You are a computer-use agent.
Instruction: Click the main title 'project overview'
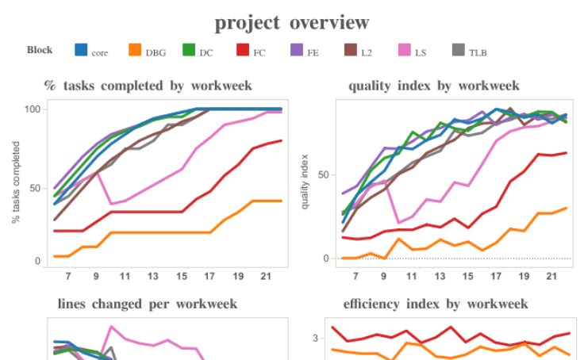click(292, 22)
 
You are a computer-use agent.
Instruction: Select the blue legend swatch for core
click(81, 50)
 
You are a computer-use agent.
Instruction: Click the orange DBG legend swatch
click(135, 50)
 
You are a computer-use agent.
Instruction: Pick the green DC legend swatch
click(189, 50)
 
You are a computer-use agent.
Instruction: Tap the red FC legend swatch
click(242, 50)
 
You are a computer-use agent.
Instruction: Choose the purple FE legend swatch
click(296, 50)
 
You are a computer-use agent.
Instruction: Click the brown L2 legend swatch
click(350, 50)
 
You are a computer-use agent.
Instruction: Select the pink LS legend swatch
click(404, 50)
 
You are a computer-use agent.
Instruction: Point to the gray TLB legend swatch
click(458, 50)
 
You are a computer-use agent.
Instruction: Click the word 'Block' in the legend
click(40, 50)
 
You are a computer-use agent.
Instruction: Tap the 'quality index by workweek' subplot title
click(433, 86)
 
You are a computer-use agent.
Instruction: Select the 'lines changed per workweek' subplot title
click(148, 304)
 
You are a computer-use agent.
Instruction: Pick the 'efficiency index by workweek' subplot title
click(436, 304)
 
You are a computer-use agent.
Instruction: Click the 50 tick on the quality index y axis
click(323, 174)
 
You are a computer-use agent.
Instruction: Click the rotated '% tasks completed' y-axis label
click(15, 184)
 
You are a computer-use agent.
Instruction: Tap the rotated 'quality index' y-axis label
click(305, 184)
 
